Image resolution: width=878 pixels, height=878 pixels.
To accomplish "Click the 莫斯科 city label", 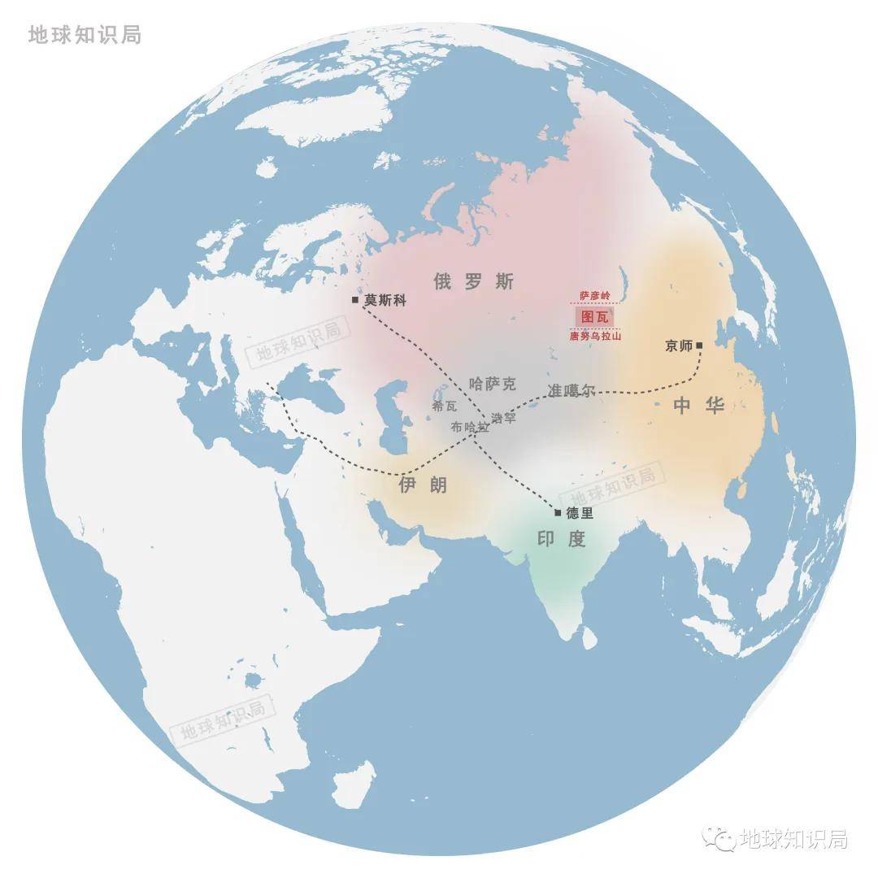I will pyautogui.click(x=385, y=300).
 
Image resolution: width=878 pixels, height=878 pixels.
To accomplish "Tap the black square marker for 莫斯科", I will pyautogui.click(x=355, y=300).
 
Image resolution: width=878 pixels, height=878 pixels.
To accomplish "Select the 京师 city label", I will pyautogui.click(x=678, y=346).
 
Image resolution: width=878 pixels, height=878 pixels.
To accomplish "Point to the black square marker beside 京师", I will pyautogui.click(x=699, y=346).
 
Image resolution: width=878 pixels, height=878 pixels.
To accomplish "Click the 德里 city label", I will pyautogui.click(x=580, y=513).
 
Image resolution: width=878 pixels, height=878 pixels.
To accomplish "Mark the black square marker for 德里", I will pyautogui.click(x=558, y=513).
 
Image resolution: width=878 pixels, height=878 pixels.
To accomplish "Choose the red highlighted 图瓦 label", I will pyautogui.click(x=594, y=316).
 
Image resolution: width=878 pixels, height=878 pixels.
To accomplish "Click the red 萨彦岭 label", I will pyautogui.click(x=594, y=295).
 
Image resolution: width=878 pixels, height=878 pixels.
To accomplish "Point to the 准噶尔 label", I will pyautogui.click(x=572, y=390).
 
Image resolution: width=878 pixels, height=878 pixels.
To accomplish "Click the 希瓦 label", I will pyautogui.click(x=445, y=406).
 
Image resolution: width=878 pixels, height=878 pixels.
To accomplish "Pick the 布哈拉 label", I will pyautogui.click(x=470, y=427).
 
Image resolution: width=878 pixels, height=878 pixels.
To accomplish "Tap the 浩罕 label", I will pyautogui.click(x=503, y=418).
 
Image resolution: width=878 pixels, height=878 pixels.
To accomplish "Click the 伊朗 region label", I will pyautogui.click(x=423, y=485).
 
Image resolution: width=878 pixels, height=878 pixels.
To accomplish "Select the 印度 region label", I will pyautogui.click(x=561, y=538).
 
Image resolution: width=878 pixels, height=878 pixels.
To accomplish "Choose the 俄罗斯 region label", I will pyautogui.click(x=473, y=282).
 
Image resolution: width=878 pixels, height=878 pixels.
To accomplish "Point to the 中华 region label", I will pyautogui.click(x=698, y=406).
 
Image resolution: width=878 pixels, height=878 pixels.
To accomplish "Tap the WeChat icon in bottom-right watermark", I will pyautogui.click(x=719, y=838).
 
